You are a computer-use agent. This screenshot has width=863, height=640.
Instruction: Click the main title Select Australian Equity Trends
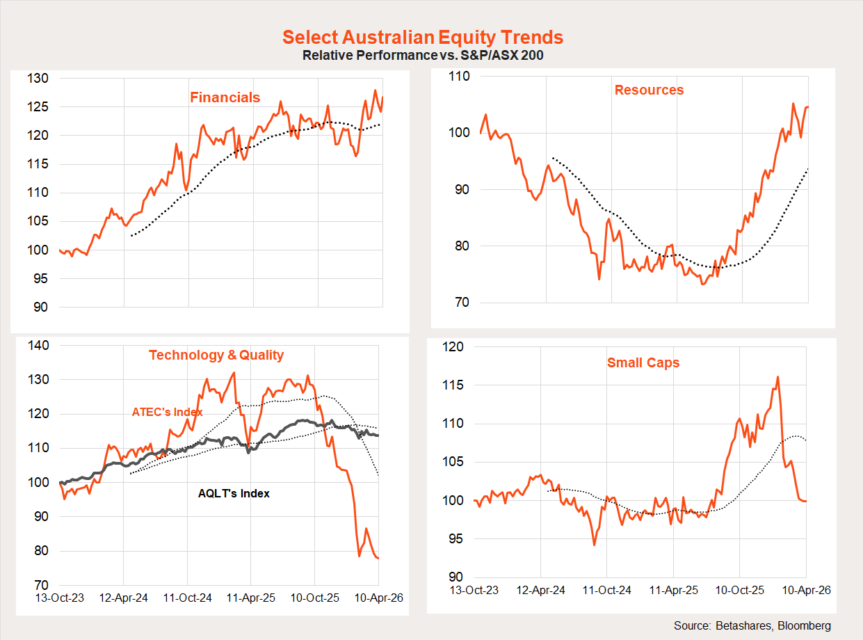pos(423,38)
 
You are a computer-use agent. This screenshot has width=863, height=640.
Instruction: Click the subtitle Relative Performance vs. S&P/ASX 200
pos(423,56)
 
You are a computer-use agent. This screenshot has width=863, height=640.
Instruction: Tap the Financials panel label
pos(225,97)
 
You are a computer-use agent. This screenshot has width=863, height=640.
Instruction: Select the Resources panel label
pos(649,90)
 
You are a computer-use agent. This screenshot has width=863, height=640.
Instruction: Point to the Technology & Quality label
pos(216,355)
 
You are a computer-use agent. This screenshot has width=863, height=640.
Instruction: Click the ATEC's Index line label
pos(167,412)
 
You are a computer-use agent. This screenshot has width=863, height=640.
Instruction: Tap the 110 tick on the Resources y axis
pos(461,76)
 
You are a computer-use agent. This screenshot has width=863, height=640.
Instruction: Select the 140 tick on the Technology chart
pos(39,346)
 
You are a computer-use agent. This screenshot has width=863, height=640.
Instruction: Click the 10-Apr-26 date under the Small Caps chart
pos(806,590)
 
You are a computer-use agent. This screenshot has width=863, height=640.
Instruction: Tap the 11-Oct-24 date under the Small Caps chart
pos(607,590)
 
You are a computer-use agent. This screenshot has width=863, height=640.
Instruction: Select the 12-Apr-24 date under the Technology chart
pos(123,598)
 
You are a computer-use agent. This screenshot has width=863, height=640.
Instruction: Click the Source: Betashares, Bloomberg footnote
pos(752,625)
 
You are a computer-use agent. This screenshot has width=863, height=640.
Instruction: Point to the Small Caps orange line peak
pos(777,377)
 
